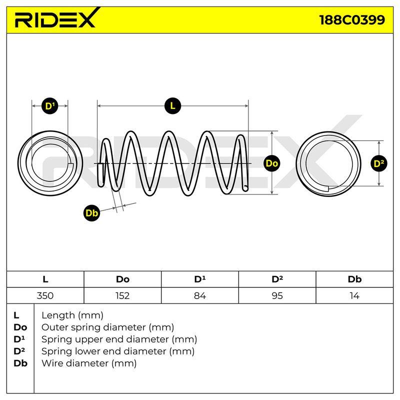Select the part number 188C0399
[x=352, y=19]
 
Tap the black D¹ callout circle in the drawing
[x=49, y=106]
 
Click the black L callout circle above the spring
[x=172, y=105]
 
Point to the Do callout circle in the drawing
[x=272, y=163]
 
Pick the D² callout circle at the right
[x=379, y=163]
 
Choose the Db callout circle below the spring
[x=92, y=213]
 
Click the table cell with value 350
[x=45, y=295]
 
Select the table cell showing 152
[x=122, y=295]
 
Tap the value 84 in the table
[x=200, y=295]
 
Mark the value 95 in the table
[x=277, y=295]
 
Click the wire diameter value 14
[x=354, y=295]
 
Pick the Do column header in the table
[x=122, y=279]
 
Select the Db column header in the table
[x=354, y=279]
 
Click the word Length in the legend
[x=58, y=316]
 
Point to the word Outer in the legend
[x=54, y=327]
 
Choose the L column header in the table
[x=45, y=279]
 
